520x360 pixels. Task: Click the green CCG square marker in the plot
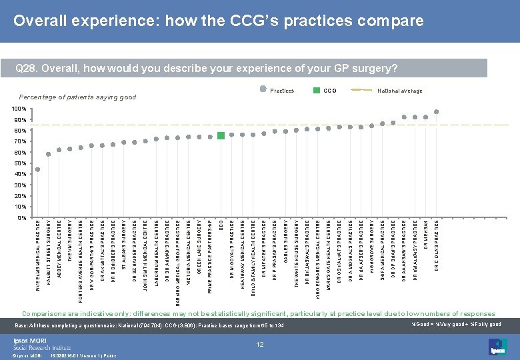pyautogui.click(x=221, y=136)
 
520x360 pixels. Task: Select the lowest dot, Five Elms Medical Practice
pyautogui.click(x=37, y=169)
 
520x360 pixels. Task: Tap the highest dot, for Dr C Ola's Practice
pyautogui.click(x=436, y=112)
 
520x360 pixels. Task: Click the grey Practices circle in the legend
pyautogui.click(x=263, y=90)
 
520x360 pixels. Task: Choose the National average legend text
pyautogui.click(x=399, y=91)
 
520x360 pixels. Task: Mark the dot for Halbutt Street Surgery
pyautogui.click(x=48, y=155)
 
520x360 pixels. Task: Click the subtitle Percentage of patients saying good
pyautogui.click(x=77, y=97)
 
